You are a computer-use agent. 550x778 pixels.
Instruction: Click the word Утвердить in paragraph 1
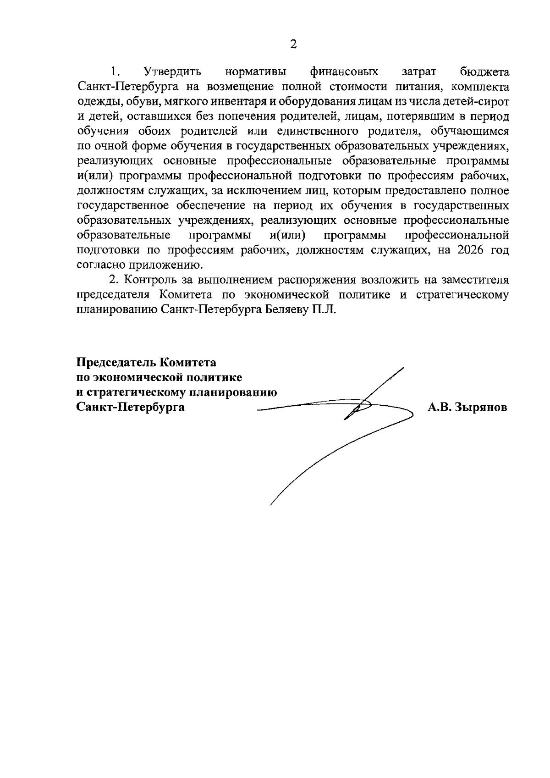172,72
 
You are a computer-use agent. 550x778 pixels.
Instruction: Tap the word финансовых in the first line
344,72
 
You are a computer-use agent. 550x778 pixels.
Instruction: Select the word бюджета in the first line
484,72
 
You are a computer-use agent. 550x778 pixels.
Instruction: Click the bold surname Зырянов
481,407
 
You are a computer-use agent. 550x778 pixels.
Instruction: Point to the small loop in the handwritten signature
362,405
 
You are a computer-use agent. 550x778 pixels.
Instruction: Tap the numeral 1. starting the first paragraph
115,72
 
